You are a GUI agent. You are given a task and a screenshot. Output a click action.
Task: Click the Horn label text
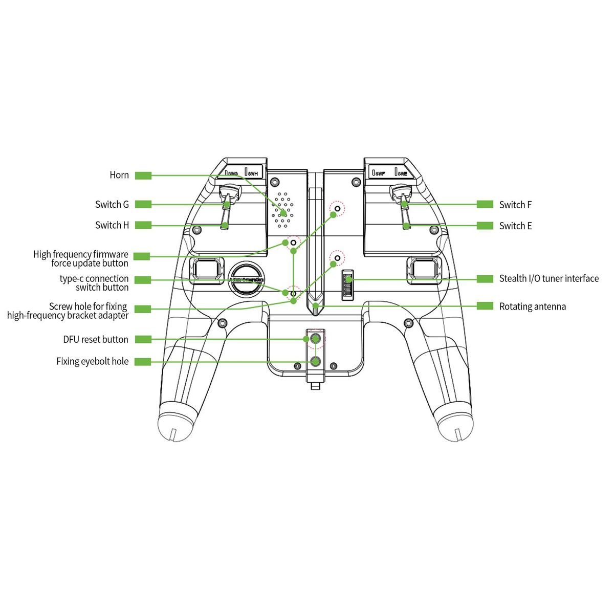pos(119,175)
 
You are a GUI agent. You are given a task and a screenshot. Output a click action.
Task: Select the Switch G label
pos(112,205)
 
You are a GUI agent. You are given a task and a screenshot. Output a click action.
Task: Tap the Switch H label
pos(112,225)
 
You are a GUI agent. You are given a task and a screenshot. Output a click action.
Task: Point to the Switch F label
pos(515,205)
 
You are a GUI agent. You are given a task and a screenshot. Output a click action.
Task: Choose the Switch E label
pos(515,226)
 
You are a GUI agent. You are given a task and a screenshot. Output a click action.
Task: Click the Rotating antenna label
pos(532,306)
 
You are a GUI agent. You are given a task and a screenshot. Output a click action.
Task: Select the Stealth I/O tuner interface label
pos(549,278)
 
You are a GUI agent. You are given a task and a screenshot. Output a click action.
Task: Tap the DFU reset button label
pos(96,339)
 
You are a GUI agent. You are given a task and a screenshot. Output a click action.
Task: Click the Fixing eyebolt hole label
pos(93,361)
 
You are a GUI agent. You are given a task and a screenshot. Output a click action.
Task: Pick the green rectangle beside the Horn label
pos(143,176)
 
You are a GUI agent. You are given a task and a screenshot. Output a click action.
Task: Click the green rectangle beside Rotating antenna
pos(485,306)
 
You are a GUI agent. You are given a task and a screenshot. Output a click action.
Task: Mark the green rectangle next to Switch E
pos(485,226)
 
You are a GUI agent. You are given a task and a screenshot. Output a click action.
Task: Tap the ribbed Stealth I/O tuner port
pos(348,285)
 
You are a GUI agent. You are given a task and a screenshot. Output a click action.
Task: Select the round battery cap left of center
pos(246,279)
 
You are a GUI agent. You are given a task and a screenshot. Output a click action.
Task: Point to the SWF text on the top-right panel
pos(380,173)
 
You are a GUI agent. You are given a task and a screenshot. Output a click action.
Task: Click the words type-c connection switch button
pos(95,283)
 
